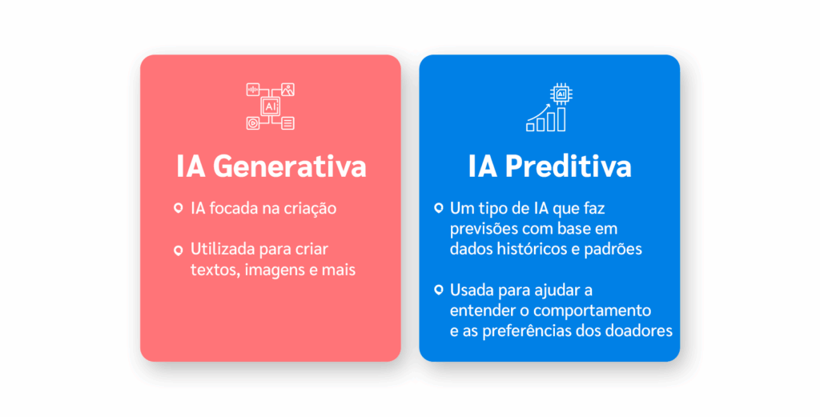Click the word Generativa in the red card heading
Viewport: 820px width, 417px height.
point(289,166)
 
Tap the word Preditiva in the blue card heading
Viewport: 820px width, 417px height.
point(568,166)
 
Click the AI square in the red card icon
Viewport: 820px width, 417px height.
point(271,106)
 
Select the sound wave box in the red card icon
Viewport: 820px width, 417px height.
point(253,90)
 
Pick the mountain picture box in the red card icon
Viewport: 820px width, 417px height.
point(287,90)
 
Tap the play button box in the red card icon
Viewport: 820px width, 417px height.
point(253,123)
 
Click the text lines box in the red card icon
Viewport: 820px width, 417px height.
point(287,123)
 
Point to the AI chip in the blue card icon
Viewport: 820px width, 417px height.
point(561,94)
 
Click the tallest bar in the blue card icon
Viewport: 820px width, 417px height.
point(561,119)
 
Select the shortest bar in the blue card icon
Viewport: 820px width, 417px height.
point(530,127)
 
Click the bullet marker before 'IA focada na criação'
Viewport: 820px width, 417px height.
point(179,208)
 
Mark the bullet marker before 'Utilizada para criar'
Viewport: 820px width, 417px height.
point(179,251)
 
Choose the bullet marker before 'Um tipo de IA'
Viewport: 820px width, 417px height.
point(439,208)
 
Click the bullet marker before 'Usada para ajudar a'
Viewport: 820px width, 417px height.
point(439,290)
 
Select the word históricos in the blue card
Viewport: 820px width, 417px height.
point(529,249)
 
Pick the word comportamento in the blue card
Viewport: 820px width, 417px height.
point(593,311)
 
